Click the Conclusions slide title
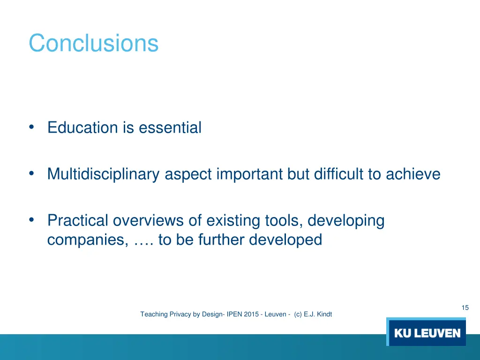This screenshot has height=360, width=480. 93,43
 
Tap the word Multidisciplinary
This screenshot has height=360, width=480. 104,174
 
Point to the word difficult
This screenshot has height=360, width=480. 338,174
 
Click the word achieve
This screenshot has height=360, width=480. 413,174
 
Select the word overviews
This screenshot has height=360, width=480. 148,220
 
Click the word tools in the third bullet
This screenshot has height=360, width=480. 282,220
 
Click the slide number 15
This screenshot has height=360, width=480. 465,307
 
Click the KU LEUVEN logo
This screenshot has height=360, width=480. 427,333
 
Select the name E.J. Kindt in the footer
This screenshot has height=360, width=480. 318,315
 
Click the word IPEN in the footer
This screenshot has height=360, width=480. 234,315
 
